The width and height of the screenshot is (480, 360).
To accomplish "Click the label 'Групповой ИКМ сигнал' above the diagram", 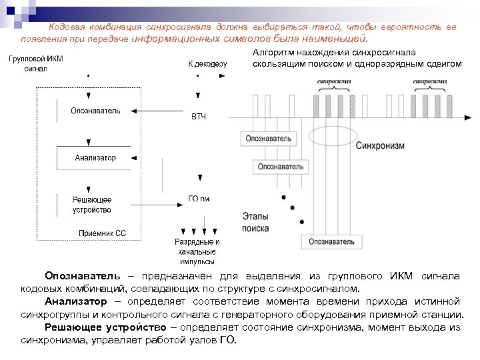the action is coord(36,63).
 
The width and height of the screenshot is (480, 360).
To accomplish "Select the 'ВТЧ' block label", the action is coord(199,117).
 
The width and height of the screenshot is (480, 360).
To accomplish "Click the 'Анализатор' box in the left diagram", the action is coord(95,158).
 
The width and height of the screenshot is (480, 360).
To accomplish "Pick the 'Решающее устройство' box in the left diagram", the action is coord(92,205).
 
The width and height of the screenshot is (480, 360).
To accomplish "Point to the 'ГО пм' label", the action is coord(199,199).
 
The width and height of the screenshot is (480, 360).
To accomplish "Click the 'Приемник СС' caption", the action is coord(102,233).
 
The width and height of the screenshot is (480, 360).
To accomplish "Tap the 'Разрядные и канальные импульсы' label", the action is coord(197,252).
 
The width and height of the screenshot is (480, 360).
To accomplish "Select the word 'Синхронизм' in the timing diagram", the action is coord(379,145).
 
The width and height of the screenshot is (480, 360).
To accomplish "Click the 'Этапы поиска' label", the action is coord(256,223).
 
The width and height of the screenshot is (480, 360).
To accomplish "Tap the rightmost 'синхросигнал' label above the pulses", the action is coord(430,82).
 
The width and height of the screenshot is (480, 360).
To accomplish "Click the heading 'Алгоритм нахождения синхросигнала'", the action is coord(334,51).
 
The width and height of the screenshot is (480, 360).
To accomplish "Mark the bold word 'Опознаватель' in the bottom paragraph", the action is coord(83,275).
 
